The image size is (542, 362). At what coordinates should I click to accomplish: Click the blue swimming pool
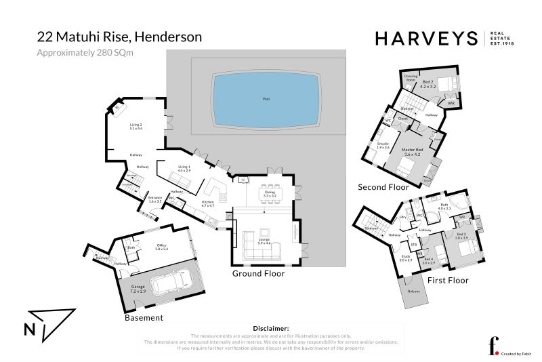pos(265,100)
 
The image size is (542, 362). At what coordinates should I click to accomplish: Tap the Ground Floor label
pos(258,274)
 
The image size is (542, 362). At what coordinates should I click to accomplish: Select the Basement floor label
pos(144,317)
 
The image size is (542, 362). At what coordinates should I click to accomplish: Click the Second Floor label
pos(384,187)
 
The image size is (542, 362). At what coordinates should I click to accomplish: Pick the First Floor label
pos(447,280)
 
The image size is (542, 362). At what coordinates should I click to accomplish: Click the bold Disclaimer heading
pos(270,328)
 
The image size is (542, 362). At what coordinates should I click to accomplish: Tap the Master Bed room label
pos(412,150)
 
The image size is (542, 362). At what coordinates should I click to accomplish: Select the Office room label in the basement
pos(161,247)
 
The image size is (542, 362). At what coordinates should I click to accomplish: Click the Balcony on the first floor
pos(414,292)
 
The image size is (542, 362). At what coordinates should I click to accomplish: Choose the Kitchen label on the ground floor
pos(208,203)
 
